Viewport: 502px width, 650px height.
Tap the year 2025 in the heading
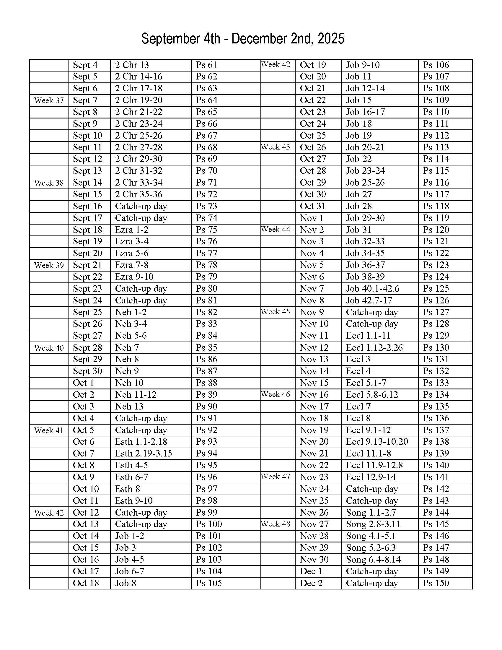(331, 39)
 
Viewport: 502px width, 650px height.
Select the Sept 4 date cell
(85, 65)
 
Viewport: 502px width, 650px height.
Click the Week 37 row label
(49, 100)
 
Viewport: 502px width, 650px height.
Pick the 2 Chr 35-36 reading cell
(138, 194)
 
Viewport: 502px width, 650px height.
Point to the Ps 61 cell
(206, 65)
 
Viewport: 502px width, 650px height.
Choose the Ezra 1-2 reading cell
(132, 230)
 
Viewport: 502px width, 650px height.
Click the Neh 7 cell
(127, 348)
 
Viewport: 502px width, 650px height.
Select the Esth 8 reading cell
(128, 489)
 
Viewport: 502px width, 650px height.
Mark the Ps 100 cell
(209, 524)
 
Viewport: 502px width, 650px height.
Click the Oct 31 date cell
(313, 206)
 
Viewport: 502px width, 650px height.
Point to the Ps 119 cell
(436, 218)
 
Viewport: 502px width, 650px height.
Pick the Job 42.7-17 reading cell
(369, 300)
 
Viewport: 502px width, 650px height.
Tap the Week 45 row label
(276, 312)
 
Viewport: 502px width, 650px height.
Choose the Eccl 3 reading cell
(358, 359)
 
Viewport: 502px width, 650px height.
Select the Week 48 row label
(276, 524)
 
